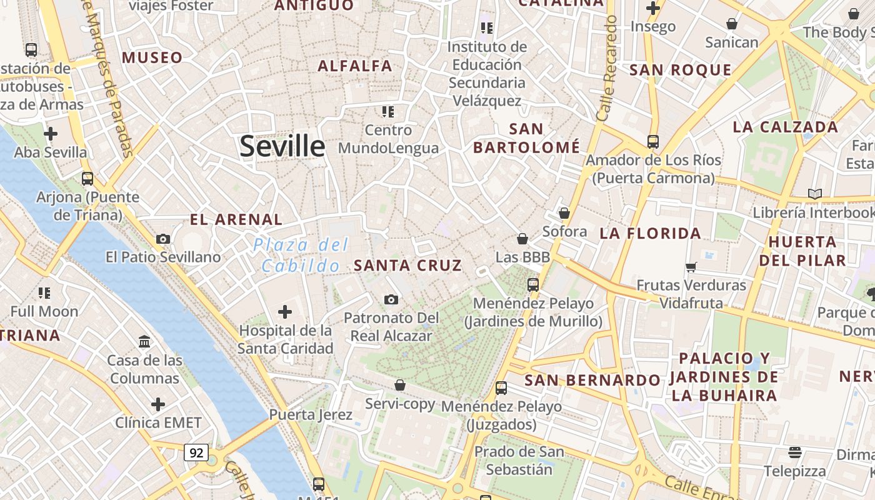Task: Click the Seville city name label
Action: click(282, 146)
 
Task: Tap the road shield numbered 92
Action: click(196, 452)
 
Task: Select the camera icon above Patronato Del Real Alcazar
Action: click(391, 300)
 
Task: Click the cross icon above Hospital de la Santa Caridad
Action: click(285, 311)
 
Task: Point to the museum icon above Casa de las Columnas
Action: click(145, 341)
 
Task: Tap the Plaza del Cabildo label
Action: click(301, 255)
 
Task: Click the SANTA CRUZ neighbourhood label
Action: click(408, 265)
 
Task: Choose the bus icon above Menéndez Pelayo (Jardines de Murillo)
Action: click(533, 285)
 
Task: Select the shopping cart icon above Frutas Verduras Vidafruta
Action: click(691, 267)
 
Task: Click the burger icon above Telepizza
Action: click(795, 452)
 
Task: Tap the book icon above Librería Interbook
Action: click(814, 194)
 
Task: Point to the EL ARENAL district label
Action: click(236, 219)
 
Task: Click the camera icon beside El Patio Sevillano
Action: click(163, 239)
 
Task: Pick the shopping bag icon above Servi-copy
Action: click(400, 385)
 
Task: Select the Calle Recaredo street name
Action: click(606, 69)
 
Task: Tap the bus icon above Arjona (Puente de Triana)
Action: click(87, 179)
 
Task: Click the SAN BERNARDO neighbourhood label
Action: click(592, 380)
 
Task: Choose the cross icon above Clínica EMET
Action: click(158, 404)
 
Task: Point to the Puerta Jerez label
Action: click(311, 414)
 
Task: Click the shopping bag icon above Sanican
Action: click(732, 24)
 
